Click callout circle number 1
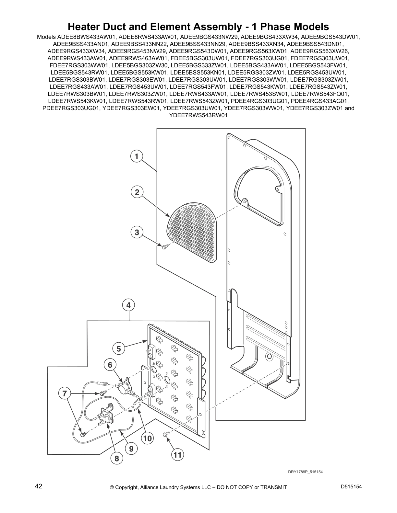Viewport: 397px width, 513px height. tap(137, 156)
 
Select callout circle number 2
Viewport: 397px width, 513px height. tap(137, 192)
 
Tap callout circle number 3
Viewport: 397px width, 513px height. tap(137, 232)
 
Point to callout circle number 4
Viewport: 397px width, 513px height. tap(128, 305)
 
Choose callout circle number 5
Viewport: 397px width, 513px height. tap(119, 349)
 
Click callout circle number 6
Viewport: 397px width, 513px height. tap(110, 365)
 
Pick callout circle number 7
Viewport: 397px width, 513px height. tap(65, 393)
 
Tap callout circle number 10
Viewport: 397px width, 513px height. tap(147, 439)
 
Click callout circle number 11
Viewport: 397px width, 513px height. tap(177, 455)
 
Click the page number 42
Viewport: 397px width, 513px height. tap(39, 486)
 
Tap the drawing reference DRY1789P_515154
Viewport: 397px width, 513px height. tap(305, 472)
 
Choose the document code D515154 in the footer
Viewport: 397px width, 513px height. tap(351, 486)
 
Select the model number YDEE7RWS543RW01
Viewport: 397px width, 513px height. tap(198, 115)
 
